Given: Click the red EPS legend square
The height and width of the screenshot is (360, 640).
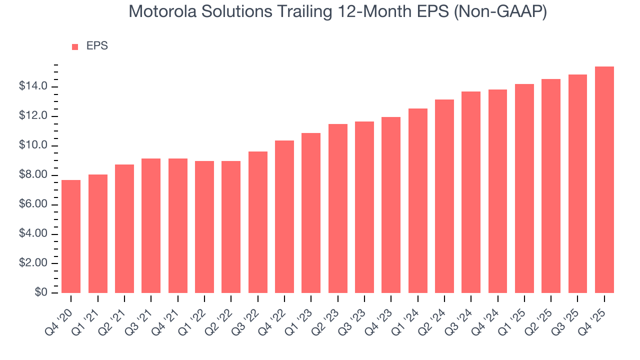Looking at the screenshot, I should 75,46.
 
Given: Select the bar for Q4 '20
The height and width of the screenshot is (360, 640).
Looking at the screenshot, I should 71,236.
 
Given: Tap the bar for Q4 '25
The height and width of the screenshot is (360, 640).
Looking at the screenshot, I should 604,180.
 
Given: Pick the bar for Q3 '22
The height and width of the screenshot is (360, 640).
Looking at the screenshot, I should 257,222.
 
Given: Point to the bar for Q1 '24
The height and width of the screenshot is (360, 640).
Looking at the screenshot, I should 417,200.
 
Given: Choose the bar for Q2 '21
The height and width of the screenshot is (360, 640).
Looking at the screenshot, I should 124,228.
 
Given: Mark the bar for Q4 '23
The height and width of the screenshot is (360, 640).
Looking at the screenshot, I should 391,205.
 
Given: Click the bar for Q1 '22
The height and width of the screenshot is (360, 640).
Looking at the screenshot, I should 204,226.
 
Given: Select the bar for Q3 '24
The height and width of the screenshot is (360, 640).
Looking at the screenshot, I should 471,192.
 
